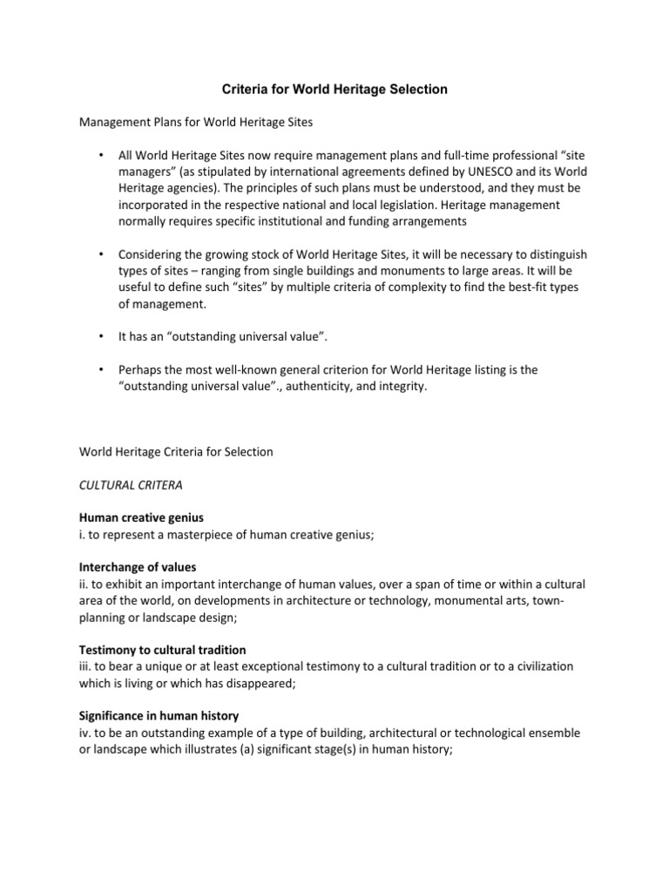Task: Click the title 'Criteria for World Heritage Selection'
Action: [334, 89]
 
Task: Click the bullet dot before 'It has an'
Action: [102, 334]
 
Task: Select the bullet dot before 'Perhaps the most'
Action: [102, 369]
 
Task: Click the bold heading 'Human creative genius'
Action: [141, 518]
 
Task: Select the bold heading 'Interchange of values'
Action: [138, 567]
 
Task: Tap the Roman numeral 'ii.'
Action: [84, 585]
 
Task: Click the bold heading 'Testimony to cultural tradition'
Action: [162, 650]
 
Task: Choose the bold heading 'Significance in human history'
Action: [159, 716]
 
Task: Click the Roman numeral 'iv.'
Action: [86, 733]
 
